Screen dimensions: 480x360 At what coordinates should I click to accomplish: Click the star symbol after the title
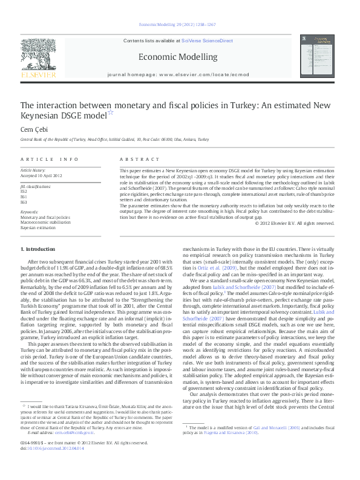click(111, 112)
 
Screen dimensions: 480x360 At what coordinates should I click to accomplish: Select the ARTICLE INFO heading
click(49, 159)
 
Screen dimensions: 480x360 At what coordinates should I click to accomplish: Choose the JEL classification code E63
click(24, 202)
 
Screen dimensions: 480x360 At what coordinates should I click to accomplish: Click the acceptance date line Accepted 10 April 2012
click(42, 175)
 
